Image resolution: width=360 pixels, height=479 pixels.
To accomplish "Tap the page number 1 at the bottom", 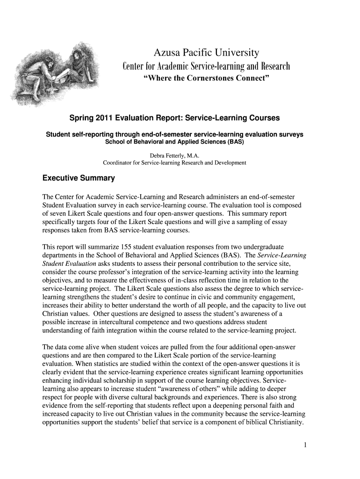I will pyautogui.click(x=304, y=444).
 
